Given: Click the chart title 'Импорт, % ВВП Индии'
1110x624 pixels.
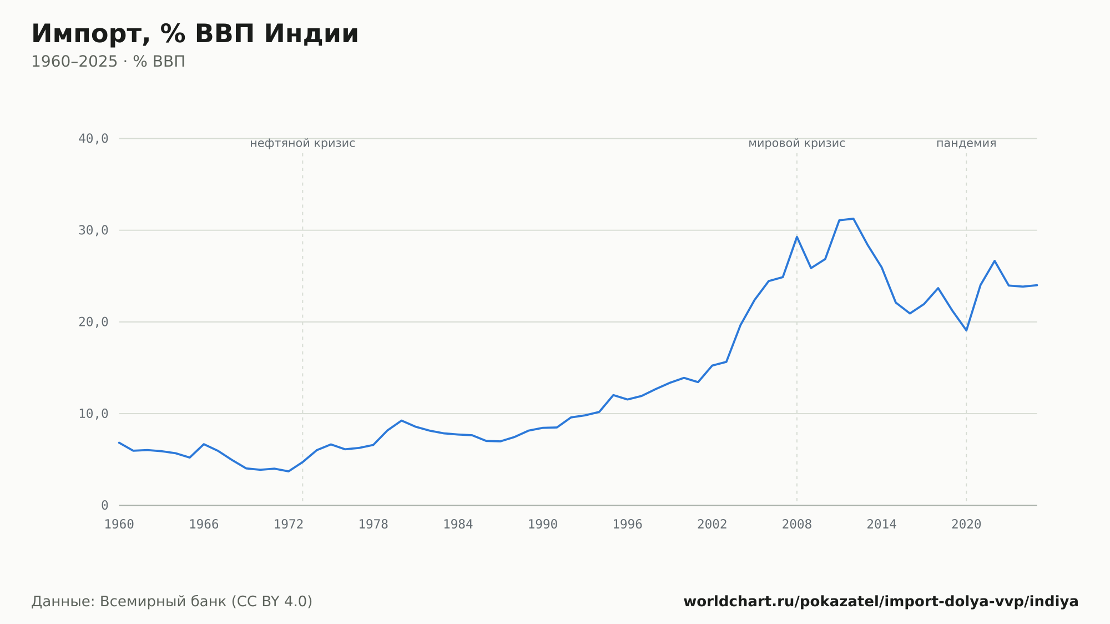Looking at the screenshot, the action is (x=195, y=34).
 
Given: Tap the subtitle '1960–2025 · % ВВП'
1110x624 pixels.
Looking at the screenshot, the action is (x=108, y=62).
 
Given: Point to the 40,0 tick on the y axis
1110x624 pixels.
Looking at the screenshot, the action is (x=93, y=139).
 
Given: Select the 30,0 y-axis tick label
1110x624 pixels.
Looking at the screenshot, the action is (x=93, y=230).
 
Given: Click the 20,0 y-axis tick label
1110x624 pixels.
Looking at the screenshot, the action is (x=93, y=322).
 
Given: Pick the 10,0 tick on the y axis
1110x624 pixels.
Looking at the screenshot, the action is (x=93, y=414).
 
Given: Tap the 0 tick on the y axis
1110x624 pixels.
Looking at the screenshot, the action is (x=105, y=505).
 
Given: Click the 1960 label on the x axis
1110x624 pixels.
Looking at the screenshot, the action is (x=119, y=525).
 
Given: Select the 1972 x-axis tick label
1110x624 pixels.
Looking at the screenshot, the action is (x=289, y=525).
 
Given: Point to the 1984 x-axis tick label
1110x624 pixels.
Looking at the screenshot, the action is (x=458, y=525).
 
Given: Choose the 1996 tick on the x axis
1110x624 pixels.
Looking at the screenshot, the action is (x=628, y=525).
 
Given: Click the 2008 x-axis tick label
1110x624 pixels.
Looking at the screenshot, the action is (x=797, y=525).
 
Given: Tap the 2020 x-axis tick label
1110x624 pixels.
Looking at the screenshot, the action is (x=966, y=525).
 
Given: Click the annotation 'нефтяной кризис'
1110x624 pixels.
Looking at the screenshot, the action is (x=302, y=143).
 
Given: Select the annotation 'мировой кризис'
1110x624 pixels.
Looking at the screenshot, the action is (x=797, y=143).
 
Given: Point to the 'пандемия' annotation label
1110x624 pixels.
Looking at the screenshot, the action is (x=966, y=143).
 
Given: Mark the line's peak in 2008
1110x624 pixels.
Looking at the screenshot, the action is (x=797, y=237).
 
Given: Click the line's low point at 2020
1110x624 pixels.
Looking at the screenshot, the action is (x=966, y=330).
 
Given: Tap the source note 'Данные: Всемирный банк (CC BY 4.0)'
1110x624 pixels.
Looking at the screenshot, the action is (x=172, y=602).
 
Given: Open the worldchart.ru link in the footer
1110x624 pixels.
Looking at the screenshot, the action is (x=881, y=602).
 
